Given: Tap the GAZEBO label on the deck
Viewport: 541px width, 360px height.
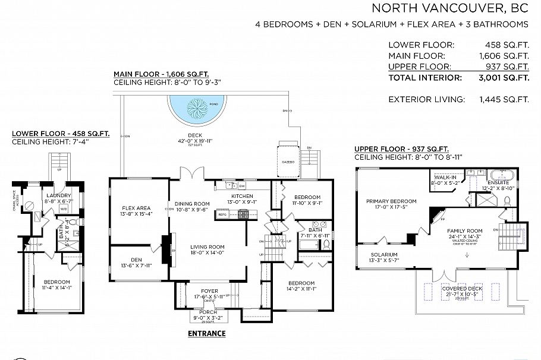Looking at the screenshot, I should tap(289, 161).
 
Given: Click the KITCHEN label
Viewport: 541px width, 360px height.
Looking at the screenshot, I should tap(242, 196).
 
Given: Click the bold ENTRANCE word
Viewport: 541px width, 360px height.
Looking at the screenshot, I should tap(206, 333).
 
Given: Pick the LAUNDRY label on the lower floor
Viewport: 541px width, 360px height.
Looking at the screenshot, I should tap(58, 195).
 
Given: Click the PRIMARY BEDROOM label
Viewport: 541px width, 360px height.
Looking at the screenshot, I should tap(391, 201).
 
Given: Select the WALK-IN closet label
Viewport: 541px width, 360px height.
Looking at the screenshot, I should tap(445, 177).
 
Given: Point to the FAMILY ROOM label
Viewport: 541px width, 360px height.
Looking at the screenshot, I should tap(465, 230).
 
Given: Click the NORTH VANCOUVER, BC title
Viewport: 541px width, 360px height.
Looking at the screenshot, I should tap(449, 8).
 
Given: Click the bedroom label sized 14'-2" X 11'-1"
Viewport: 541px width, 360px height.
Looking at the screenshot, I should tap(301, 283).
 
